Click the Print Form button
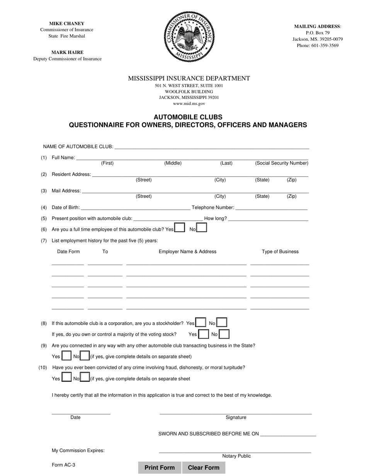160,467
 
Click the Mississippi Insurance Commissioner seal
189,37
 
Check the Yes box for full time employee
180,228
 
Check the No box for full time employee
202,228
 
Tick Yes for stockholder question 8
200,322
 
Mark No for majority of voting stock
224,334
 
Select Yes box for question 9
66,356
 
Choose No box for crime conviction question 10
85,377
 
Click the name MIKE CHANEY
66,24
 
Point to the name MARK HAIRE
67,52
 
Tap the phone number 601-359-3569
324,46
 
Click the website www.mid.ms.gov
189,104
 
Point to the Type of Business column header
280,252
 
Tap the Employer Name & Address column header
187,252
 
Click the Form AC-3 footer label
63,465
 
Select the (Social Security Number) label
282,163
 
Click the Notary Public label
236,456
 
